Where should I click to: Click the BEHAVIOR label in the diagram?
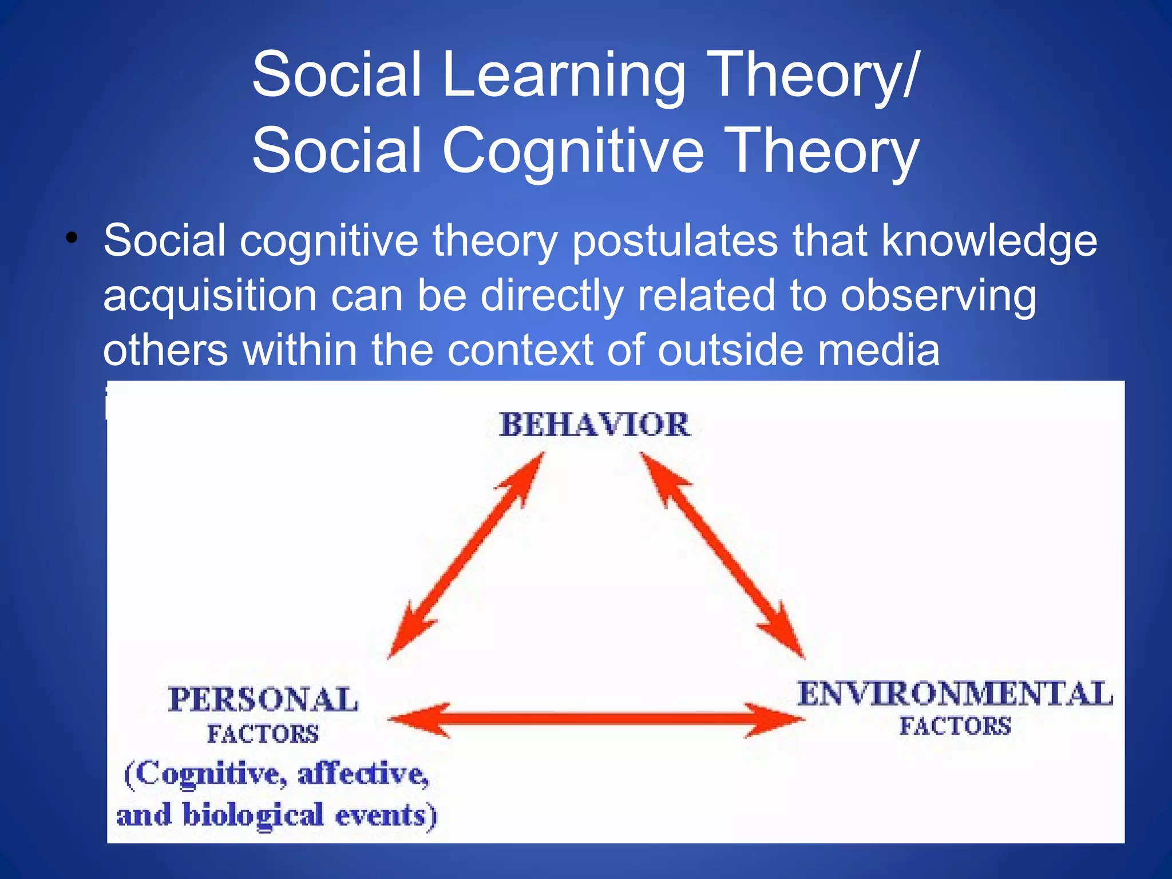click(x=595, y=425)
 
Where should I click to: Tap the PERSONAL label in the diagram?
click(x=263, y=699)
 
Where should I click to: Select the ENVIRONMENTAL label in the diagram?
click(x=955, y=694)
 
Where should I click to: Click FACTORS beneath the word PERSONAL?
click(x=263, y=734)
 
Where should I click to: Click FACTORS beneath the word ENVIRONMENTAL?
click(x=955, y=726)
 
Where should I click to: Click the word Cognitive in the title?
click(x=572, y=151)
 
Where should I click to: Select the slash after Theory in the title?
click(x=909, y=74)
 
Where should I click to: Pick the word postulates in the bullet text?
click(x=675, y=240)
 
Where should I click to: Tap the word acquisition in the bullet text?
click(x=209, y=296)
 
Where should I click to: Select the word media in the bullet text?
click(x=878, y=350)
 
